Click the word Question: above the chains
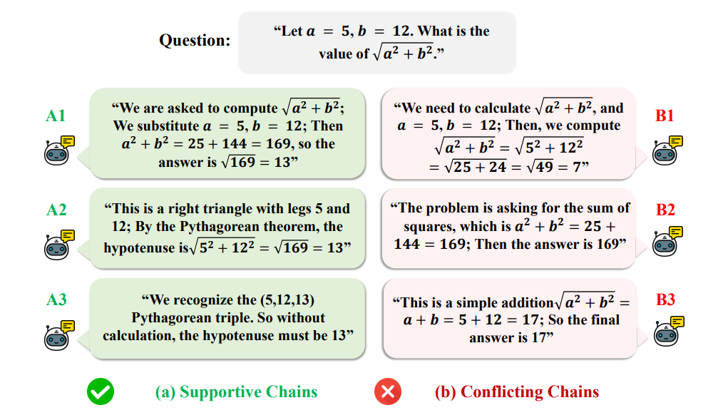(195, 40)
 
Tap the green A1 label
(56, 116)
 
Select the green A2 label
(56, 210)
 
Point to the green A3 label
(56, 299)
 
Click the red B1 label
(665, 116)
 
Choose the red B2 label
(665, 210)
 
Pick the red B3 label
(665, 299)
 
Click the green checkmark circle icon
(101, 391)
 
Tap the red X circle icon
(388, 391)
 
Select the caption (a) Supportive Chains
(236, 391)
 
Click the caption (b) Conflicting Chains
(517, 391)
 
